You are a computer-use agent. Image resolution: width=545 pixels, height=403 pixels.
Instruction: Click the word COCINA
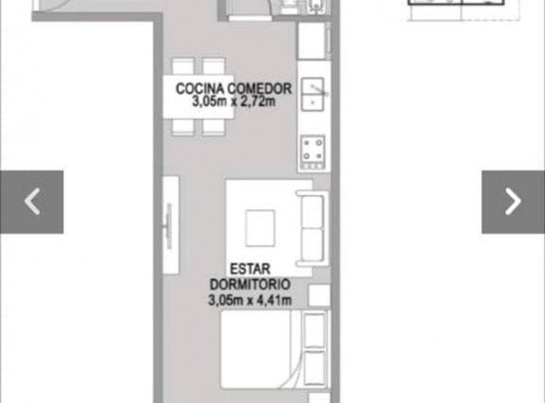click(x=193, y=89)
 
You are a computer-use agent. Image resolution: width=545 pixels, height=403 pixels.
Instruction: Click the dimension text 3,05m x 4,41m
click(x=251, y=300)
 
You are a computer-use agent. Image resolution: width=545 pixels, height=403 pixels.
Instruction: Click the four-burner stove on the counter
click(x=313, y=151)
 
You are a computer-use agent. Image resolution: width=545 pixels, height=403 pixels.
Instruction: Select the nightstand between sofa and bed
click(x=319, y=295)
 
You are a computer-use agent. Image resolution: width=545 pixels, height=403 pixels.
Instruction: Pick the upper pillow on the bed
click(x=314, y=329)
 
